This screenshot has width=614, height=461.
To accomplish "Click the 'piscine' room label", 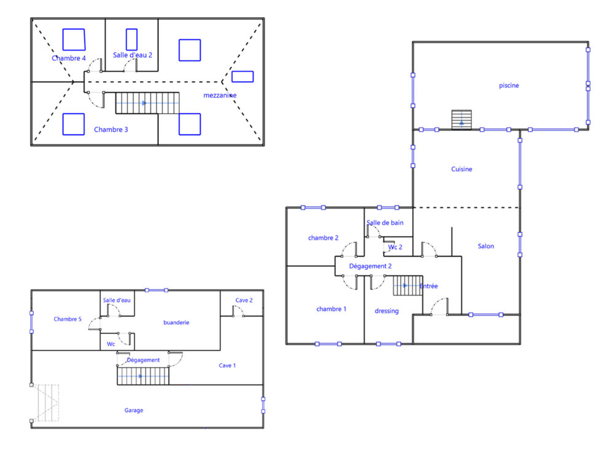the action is coord(508,85).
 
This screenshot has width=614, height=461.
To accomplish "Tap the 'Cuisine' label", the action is coord(462,169).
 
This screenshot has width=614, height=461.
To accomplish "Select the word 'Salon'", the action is coord(486,246).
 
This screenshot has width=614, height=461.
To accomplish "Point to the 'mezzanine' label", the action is coord(220,95).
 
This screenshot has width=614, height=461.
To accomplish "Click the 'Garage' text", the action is coord(134,411).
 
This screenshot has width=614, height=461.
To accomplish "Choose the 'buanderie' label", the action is coord(176,323).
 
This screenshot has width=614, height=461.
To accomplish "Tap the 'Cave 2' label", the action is coord(244,301).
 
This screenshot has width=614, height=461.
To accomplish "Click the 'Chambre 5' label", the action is coord(68,319).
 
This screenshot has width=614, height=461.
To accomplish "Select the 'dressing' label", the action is coord(386,311).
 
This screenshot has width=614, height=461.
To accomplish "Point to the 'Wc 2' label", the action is coord(395,247).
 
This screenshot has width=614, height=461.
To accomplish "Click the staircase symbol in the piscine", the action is coord(462,120).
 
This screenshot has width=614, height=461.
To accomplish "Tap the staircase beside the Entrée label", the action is coord(408,286).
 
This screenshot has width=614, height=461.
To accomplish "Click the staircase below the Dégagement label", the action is coord(143,376).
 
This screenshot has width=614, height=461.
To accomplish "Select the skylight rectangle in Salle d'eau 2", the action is coord(131,39).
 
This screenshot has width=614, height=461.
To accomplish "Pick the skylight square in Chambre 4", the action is coord(74,39).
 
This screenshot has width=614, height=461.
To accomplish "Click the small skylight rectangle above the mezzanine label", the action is coord(243,76).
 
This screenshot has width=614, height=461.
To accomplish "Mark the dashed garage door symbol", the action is coord(45,403).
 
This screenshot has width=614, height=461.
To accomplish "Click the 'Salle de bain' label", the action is coord(385,223).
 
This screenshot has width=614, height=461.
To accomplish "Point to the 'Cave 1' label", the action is coord(227,365).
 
